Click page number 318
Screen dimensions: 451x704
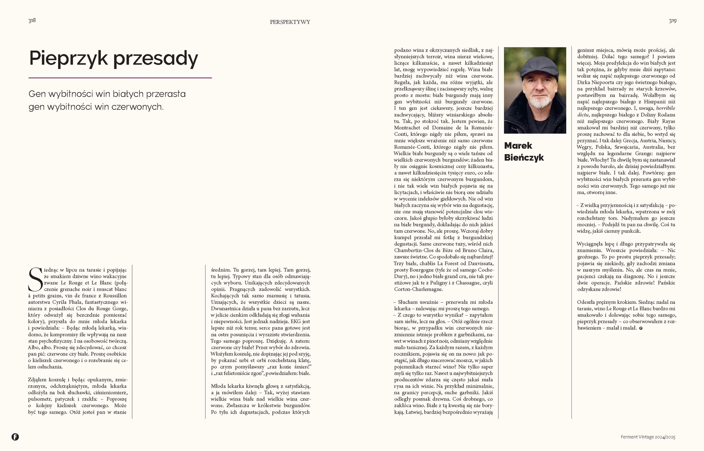[x=32, y=20]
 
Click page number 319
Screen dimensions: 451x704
[x=672, y=21]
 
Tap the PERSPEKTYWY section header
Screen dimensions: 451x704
[x=290, y=22]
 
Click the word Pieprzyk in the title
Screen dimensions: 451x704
[x=69, y=58]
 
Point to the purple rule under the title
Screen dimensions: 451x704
[x=120, y=78]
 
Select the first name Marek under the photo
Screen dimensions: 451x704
[x=518, y=145]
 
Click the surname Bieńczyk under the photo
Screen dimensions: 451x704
[x=524, y=158]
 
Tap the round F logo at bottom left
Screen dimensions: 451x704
[x=15, y=437]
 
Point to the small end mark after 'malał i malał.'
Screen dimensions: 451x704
[x=641, y=328]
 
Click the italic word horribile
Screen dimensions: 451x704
[x=666, y=108]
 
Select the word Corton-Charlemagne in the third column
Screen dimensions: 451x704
[x=418, y=289]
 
